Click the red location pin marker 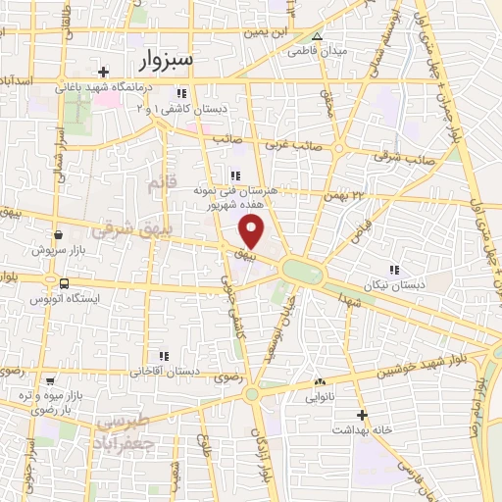[253, 231]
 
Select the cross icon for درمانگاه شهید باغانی [104, 71]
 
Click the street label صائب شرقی [403, 154]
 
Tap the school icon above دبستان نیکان [395, 269]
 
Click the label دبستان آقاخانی [166, 372]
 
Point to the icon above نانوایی [319, 381]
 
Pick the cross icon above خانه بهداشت [362, 415]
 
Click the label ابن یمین [269, 32]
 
